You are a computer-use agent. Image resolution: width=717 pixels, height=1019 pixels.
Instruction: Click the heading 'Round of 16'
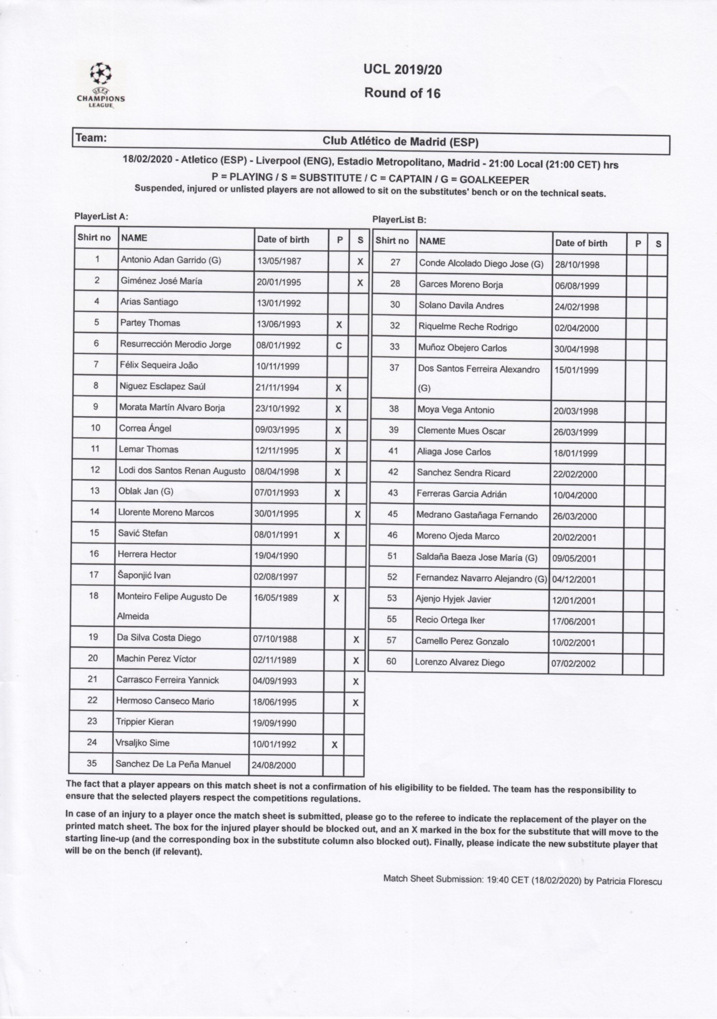pyautogui.click(x=402, y=93)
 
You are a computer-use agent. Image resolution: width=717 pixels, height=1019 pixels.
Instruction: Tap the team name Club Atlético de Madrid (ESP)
pyautogui.click(x=400, y=141)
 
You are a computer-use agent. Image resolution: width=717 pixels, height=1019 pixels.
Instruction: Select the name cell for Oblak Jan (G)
pyautogui.click(x=147, y=491)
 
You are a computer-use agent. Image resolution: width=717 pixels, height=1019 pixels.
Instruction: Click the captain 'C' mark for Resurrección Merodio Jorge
pyautogui.click(x=339, y=346)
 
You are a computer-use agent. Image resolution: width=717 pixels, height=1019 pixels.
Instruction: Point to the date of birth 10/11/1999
pyautogui.click(x=278, y=366)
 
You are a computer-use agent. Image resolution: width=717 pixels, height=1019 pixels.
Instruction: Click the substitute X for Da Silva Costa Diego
pyautogui.click(x=356, y=640)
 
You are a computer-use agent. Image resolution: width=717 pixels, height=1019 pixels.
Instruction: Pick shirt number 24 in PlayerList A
pyautogui.click(x=92, y=742)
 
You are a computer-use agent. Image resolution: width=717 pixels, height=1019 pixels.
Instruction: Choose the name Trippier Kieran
pyautogui.click(x=145, y=722)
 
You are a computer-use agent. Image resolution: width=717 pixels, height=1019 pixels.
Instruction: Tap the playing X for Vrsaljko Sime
pyautogui.click(x=334, y=745)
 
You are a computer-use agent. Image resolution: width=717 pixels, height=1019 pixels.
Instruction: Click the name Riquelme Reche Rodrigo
pyautogui.click(x=467, y=327)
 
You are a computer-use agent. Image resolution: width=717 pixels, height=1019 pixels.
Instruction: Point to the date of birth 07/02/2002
pyautogui.click(x=573, y=664)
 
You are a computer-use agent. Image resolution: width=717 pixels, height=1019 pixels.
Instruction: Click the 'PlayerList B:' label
pyautogui.click(x=399, y=219)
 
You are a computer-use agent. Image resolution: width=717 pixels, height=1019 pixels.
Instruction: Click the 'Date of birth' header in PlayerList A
pyautogui.click(x=283, y=239)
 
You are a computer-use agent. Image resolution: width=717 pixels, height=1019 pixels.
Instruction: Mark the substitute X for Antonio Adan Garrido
pyautogui.click(x=360, y=262)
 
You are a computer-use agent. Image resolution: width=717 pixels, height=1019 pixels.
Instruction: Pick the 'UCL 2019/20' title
pyautogui.click(x=403, y=70)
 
